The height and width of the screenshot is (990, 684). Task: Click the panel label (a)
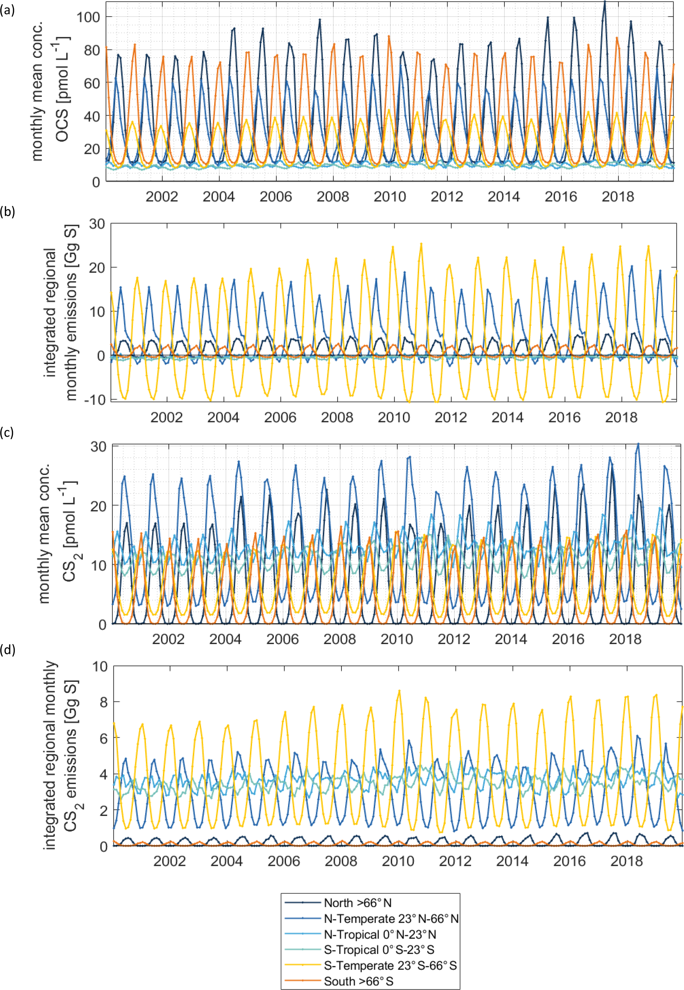tap(7, 10)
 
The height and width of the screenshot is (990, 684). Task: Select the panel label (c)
tap(7, 433)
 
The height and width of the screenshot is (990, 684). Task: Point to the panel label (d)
tap(7, 650)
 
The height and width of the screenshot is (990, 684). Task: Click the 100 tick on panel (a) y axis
tap(87, 17)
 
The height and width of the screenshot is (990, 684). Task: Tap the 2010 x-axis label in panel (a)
tap(390, 197)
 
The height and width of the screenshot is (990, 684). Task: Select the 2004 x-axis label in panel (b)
tap(223, 417)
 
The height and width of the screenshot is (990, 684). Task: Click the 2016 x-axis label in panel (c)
tap(568, 639)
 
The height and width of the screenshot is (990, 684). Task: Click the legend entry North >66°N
tap(357, 903)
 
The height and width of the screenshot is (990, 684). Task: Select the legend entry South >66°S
tap(358, 981)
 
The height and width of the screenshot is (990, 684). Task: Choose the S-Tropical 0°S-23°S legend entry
tap(379, 949)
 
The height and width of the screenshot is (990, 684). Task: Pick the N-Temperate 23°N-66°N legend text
tap(391, 919)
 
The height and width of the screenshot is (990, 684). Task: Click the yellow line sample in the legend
tap(303, 965)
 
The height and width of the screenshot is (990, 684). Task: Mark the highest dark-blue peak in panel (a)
tap(604, 1)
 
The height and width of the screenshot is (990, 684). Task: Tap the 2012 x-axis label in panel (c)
tap(454, 639)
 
